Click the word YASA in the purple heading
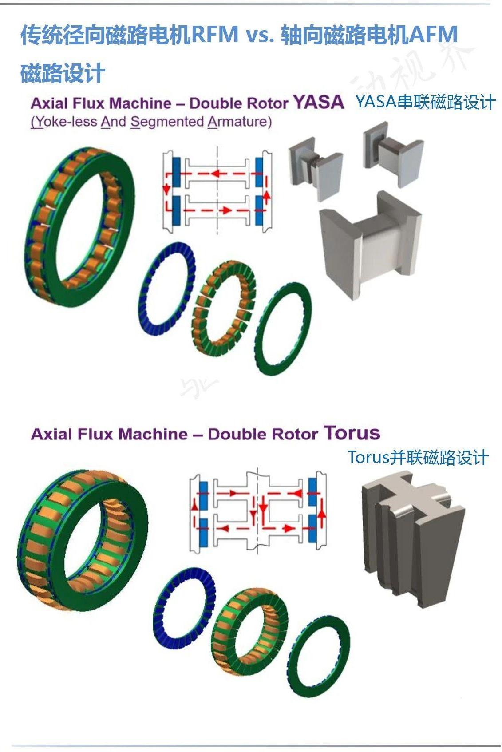[x=319, y=102]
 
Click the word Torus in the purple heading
[x=352, y=433]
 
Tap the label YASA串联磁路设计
[x=425, y=102]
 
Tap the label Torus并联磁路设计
[x=418, y=457]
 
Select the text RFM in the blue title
[x=215, y=35]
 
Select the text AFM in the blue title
[x=433, y=35]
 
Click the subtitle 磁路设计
[x=63, y=73]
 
